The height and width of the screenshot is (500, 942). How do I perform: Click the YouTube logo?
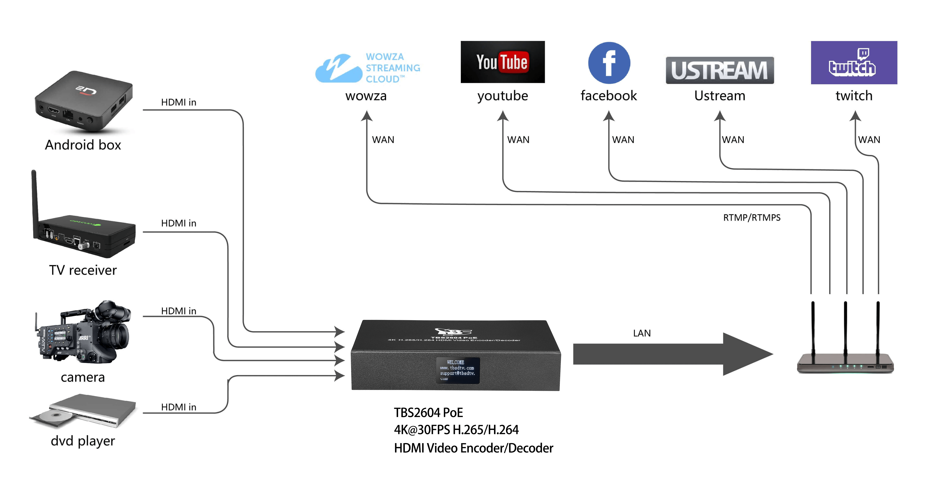coord(502,62)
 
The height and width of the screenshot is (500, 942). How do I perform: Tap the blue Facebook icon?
coord(609,63)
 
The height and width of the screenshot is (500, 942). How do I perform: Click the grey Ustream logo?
coord(719,70)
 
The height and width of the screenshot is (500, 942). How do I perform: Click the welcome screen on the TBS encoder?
coord(458,370)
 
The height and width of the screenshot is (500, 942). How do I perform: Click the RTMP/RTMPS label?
coord(751,218)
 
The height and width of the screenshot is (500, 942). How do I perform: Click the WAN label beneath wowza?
coord(383,140)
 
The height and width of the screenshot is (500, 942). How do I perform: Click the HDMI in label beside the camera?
coord(178,311)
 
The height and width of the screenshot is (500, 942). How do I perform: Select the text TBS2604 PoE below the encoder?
coord(428,413)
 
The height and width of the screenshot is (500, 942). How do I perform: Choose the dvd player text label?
coord(83,441)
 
